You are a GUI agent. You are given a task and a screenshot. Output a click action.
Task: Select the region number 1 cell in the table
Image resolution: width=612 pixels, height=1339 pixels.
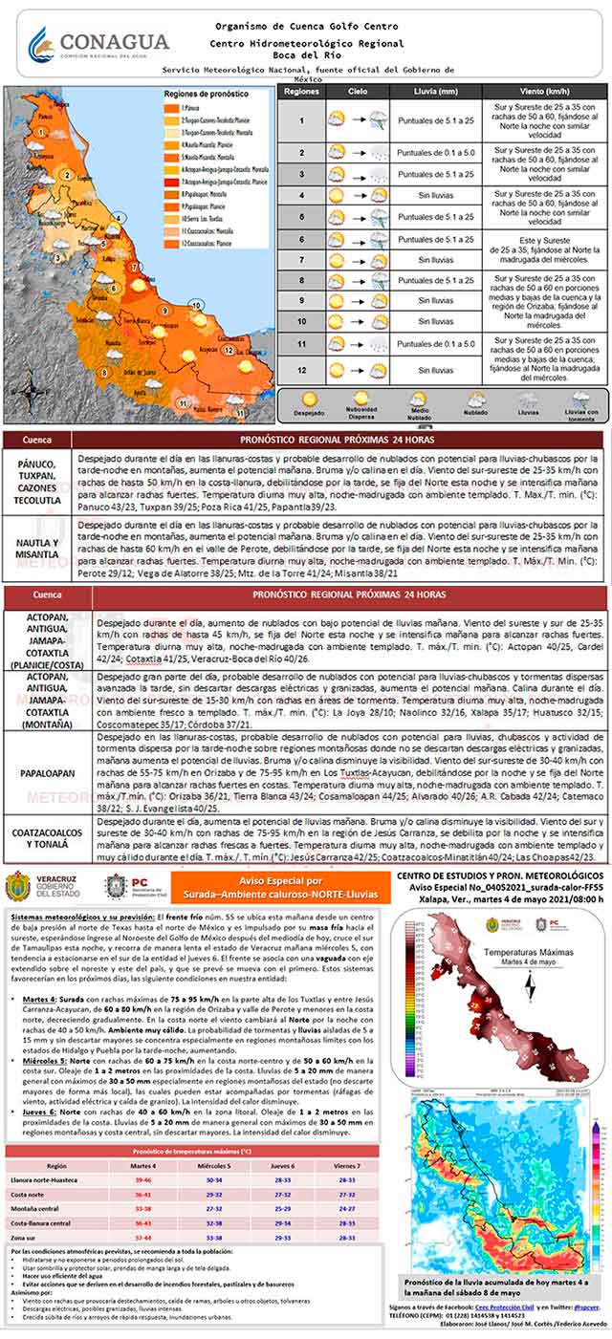(x=301, y=120)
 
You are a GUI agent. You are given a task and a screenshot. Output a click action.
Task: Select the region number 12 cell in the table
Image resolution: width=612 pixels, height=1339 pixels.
(x=301, y=369)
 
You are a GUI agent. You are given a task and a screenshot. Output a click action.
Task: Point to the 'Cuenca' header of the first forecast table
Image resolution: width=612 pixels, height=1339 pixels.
(x=38, y=441)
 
